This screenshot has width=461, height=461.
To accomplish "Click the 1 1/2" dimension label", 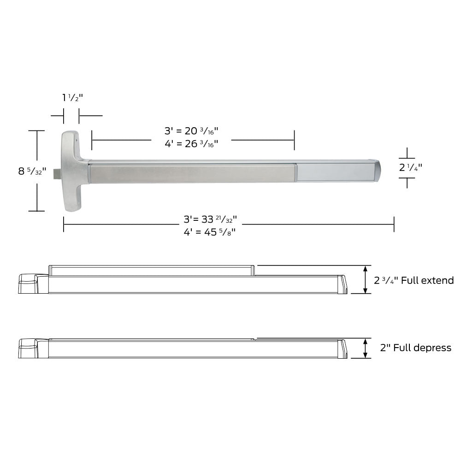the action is click(x=72, y=97).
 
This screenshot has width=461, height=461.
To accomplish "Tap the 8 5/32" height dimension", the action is click(x=32, y=171).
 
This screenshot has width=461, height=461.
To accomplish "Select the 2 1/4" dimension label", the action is click(x=410, y=167).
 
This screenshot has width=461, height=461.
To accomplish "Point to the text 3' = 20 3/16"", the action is click(x=191, y=131).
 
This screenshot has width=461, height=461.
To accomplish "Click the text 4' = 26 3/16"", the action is click(x=191, y=144).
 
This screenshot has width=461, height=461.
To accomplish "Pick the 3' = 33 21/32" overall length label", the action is click(x=210, y=219).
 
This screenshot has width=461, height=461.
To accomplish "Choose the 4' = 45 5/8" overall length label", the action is click(x=209, y=232).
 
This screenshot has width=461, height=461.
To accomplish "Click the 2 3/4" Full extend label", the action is click(x=414, y=280).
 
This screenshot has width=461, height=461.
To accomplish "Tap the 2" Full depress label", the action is click(x=415, y=348).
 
